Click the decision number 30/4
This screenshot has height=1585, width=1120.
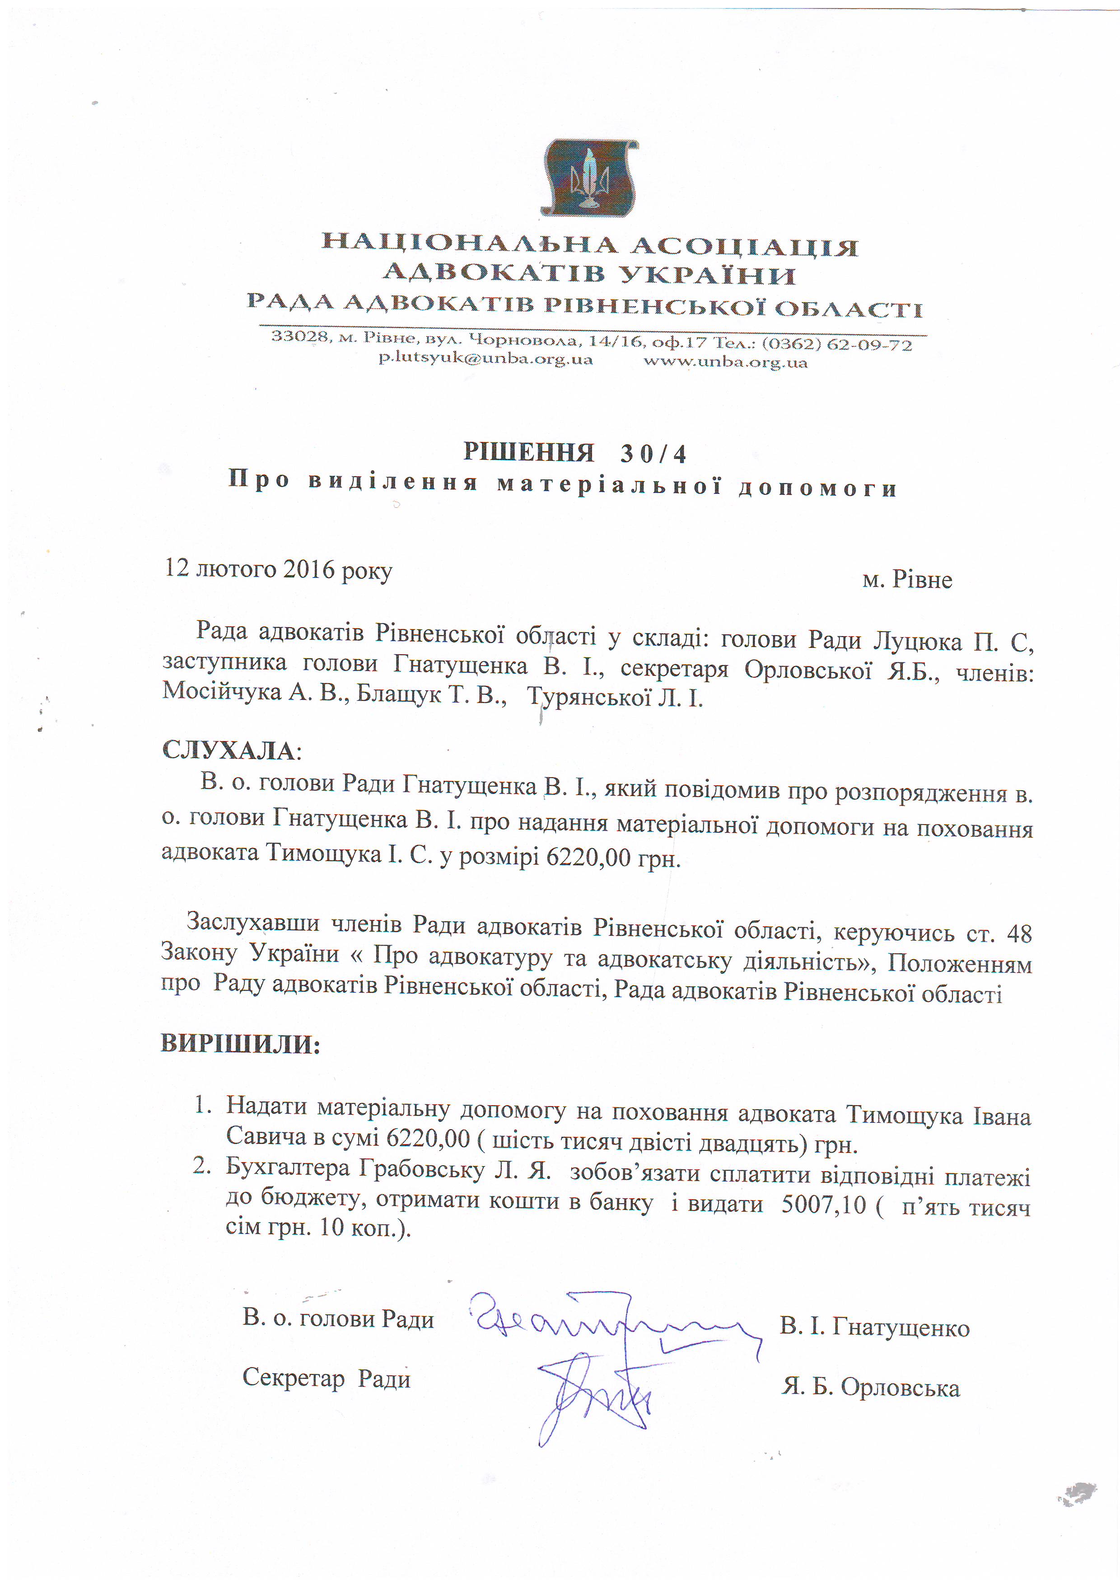tap(653, 454)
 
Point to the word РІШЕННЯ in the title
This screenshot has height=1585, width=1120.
tap(528, 452)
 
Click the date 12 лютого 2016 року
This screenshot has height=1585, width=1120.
tap(278, 569)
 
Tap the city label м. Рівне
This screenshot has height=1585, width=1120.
tap(907, 579)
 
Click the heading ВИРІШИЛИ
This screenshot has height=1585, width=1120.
tap(241, 1043)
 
